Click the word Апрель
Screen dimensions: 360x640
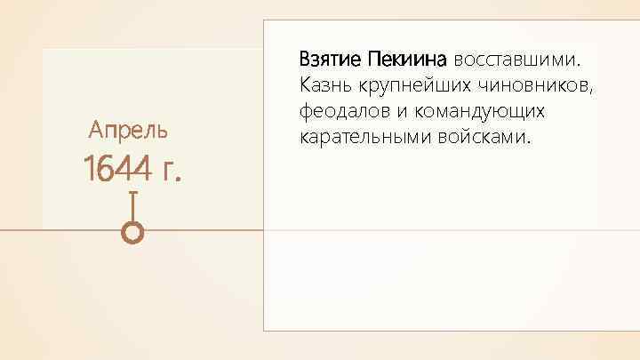128,132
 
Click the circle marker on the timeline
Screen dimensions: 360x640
132,232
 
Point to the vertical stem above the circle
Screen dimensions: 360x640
132,206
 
